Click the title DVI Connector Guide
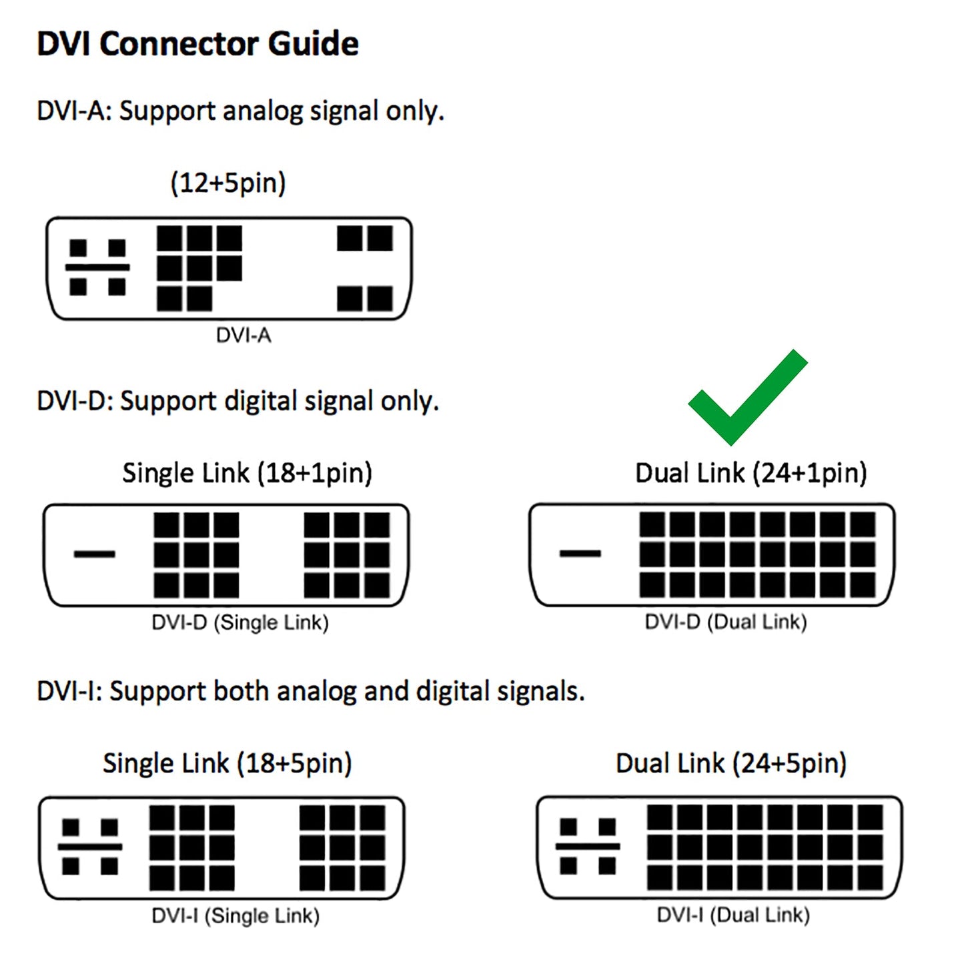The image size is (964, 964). pyautogui.click(x=197, y=44)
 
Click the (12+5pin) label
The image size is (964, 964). pyautogui.click(x=228, y=183)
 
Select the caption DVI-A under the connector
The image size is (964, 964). pyautogui.click(x=244, y=335)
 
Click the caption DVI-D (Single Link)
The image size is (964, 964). pyautogui.click(x=240, y=622)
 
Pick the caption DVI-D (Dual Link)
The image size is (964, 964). pyautogui.click(x=726, y=622)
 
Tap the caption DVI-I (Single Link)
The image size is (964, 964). pyautogui.click(x=235, y=915)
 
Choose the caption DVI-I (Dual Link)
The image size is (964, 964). pyautogui.click(x=733, y=915)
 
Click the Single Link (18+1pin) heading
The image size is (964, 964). pyautogui.click(x=247, y=473)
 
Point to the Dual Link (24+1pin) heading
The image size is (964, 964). pyautogui.click(x=751, y=473)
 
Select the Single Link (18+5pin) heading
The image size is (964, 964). pyautogui.click(x=227, y=763)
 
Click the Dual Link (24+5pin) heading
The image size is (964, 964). pyautogui.click(x=731, y=763)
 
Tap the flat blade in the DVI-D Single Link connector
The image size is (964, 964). pyautogui.click(x=94, y=554)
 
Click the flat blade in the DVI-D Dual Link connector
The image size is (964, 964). pyautogui.click(x=580, y=553)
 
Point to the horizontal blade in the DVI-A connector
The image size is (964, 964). pyautogui.click(x=97, y=268)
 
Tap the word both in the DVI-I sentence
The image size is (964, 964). pyautogui.click(x=241, y=691)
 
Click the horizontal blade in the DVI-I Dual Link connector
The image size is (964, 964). pyautogui.click(x=588, y=847)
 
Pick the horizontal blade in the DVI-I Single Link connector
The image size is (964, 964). pyautogui.click(x=90, y=847)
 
